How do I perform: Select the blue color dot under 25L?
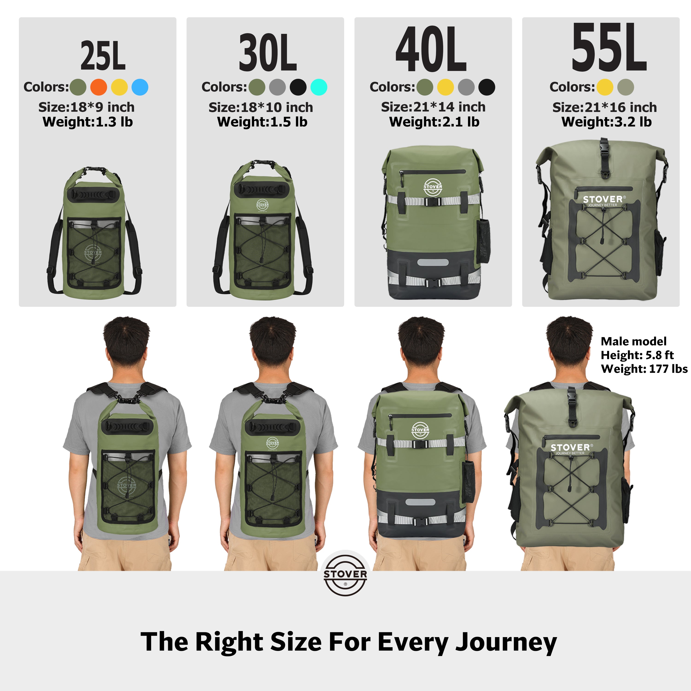(x=140, y=87)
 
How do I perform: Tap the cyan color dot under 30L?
(x=319, y=87)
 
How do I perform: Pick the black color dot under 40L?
(x=487, y=87)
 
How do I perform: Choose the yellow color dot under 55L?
(x=605, y=87)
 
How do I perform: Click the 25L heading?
(x=103, y=56)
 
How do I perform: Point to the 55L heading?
(x=609, y=47)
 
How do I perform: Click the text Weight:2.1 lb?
(x=434, y=122)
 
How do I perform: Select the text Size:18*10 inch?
(x=261, y=107)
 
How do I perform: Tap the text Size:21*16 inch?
(x=604, y=107)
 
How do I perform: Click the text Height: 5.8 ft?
(x=637, y=355)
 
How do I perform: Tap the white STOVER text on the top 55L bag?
(x=602, y=199)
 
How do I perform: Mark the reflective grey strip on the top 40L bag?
(x=433, y=263)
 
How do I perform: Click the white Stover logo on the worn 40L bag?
(x=420, y=430)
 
